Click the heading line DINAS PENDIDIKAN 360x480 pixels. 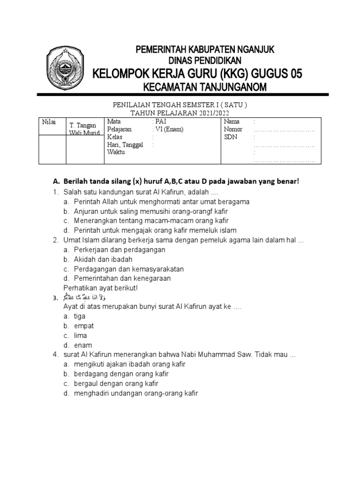(x=205, y=60)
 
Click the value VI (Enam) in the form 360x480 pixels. (x=168, y=129)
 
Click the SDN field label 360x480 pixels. (x=231, y=137)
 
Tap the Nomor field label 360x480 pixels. (x=233, y=129)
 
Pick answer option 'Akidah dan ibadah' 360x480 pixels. (x=103, y=259)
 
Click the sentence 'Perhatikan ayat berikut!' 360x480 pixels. (x=100, y=287)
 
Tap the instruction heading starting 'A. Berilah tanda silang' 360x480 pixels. (x=176, y=181)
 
